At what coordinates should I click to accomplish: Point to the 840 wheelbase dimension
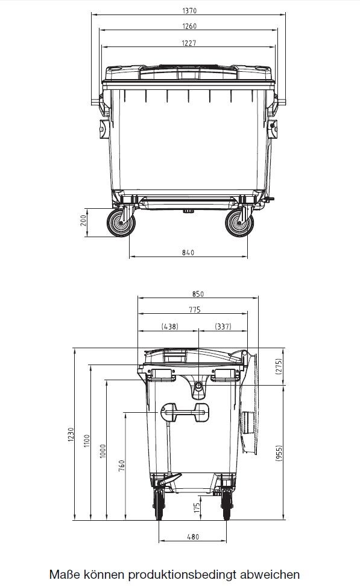point(188,252)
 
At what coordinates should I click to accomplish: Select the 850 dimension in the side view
point(198,294)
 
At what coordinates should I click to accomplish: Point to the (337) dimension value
point(223,326)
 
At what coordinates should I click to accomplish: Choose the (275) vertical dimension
point(279,367)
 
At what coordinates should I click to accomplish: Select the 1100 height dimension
point(86,441)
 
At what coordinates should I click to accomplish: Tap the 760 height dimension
point(121,465)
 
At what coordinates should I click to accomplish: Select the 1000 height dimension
point(103,450)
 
